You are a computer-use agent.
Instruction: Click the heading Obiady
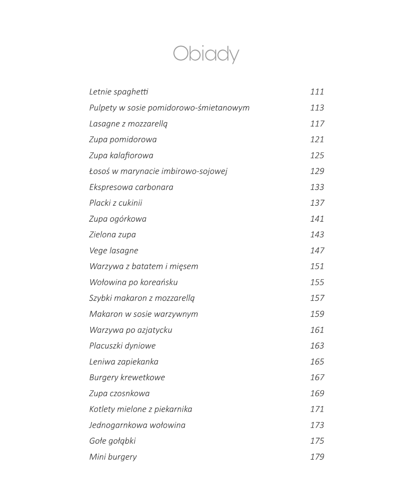tap(206, 54)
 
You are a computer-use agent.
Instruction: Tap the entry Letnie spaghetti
tap(119, 92)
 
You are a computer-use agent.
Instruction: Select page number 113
tap(317, 108)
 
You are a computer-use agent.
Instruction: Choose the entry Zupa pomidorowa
tap(123, 139)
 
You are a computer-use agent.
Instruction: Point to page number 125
tap(317, 155)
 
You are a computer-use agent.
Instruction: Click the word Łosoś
tap(99, 171)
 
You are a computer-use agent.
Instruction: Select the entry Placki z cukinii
tap(115, 203)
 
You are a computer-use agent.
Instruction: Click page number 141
tap(317, 219)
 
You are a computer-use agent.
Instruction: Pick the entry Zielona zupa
tap(112, 234)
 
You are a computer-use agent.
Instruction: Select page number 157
tap(317, 298)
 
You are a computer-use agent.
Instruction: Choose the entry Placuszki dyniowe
tap(122, 346)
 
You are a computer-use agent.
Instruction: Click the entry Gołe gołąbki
tap(112, 441)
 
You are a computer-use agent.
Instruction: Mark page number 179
tap(317, 457)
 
